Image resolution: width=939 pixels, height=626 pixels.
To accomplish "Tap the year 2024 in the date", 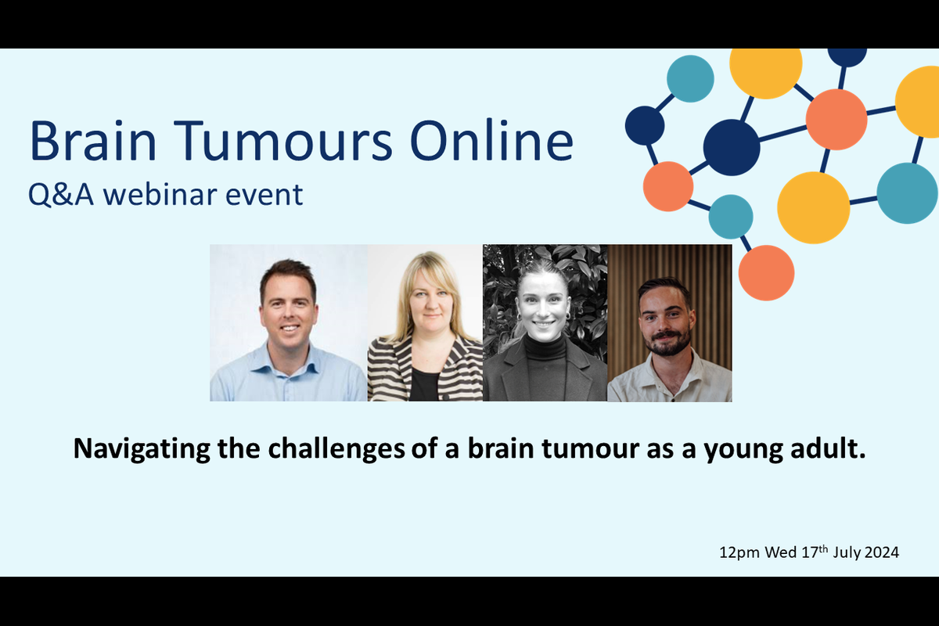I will pyautogui.click(x=881, y=552).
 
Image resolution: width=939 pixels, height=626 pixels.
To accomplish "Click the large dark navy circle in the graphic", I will pyautogui.click(x=731, y=147).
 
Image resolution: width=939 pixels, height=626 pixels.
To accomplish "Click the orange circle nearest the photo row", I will pyautogui.click(x=766, y=273).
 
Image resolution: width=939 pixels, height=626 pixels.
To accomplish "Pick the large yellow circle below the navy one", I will pyautogui.click(x=813, y=207).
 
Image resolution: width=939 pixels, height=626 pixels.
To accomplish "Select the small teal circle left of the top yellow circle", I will pyautogui.click(x=690, y=78).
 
